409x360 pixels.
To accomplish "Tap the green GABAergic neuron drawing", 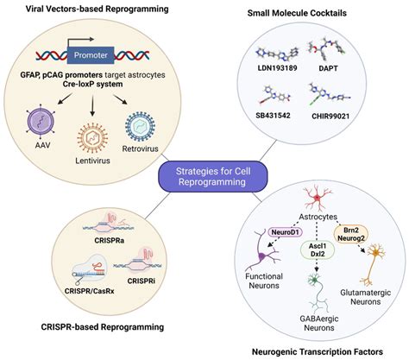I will click(314, 295).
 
